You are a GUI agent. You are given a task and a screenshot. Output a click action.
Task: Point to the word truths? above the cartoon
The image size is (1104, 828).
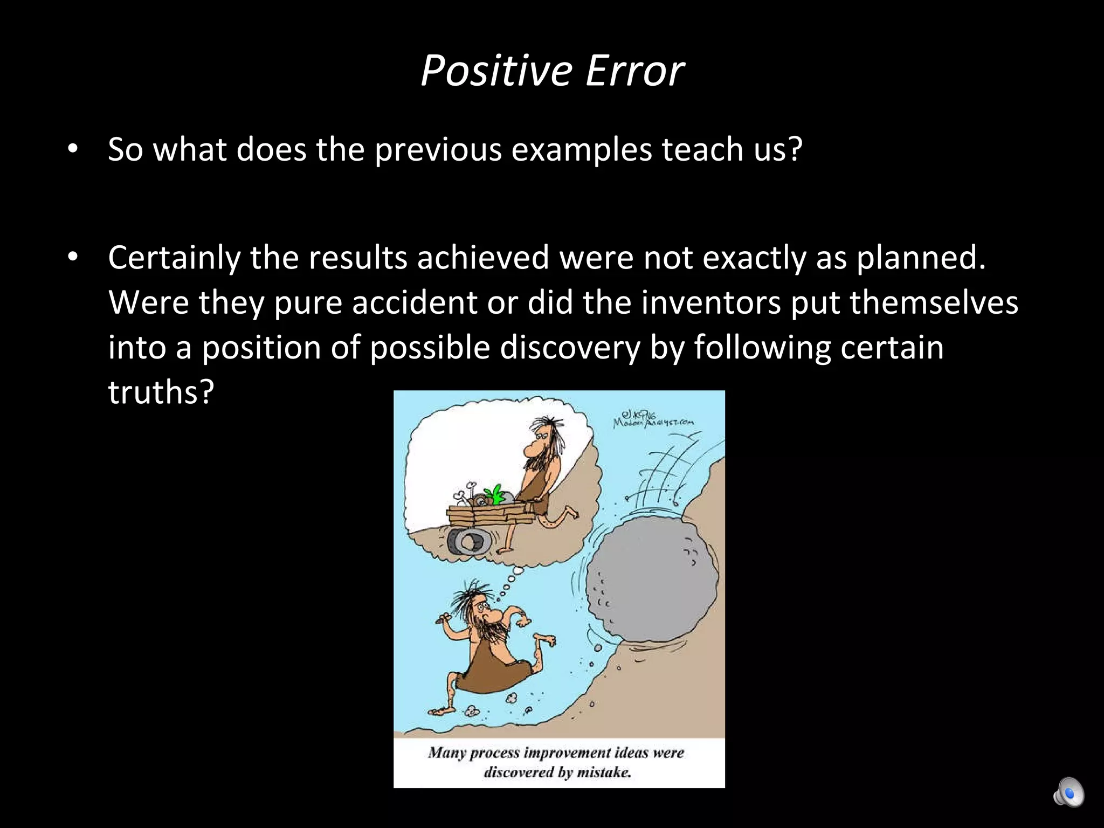click(x=161, y=392)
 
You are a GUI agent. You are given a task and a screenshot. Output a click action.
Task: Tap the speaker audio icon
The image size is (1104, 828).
click(x=1068, y=792)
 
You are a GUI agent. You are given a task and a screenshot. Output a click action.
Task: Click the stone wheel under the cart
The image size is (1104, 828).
click(x=468, y=541)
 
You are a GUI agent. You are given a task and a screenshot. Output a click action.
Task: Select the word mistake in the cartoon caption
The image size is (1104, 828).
click(x=603, y=772)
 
